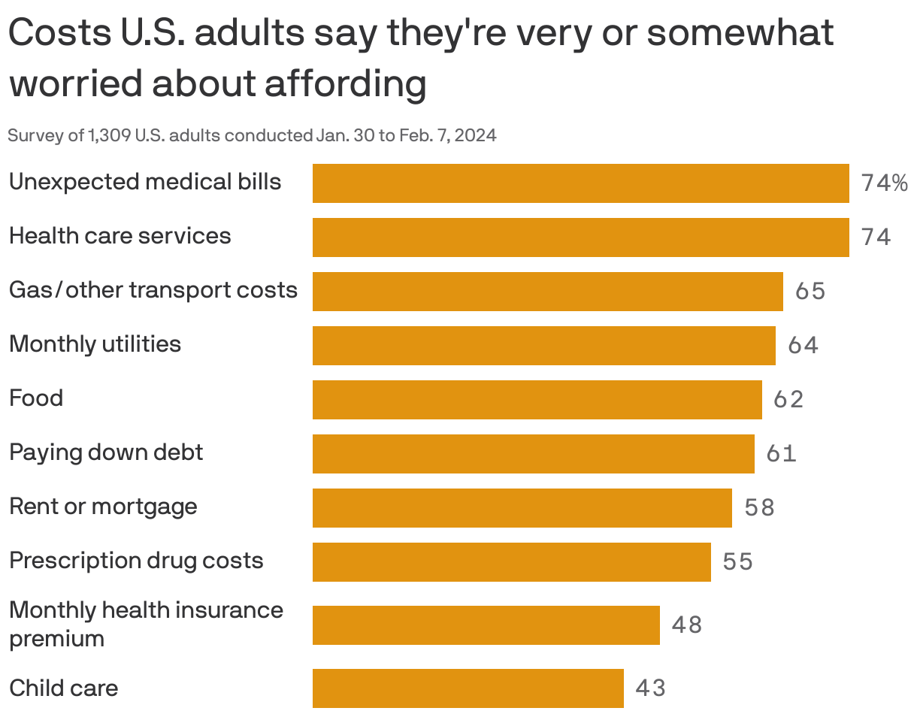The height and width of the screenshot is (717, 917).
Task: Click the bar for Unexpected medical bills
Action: (580, 183)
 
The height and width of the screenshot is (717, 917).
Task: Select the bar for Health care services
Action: (580, 237)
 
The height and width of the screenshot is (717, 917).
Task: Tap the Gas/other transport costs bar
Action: (547, 292)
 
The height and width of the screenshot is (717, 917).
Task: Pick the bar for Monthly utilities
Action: (543, 346)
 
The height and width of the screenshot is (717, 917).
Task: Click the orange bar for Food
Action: (537, 400)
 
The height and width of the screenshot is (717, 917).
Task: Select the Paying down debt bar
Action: (533, 454)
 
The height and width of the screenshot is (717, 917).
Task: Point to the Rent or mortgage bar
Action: (522, 508)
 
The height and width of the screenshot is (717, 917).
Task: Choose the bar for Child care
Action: (468, 688)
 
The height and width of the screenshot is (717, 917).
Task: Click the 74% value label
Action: (885, 183)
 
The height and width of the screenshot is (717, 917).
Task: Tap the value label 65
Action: (810, 292)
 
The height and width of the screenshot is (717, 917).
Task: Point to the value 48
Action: (687, 625)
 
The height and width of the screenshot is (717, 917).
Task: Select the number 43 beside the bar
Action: (651, 688)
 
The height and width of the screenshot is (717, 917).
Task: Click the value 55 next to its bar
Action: (738, 562)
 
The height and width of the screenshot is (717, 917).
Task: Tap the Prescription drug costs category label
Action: (136, 561)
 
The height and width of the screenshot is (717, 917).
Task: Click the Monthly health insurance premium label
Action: (146, 624)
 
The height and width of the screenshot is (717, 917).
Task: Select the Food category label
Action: (36, 398)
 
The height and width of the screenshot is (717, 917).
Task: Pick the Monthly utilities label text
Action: (95, 344)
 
